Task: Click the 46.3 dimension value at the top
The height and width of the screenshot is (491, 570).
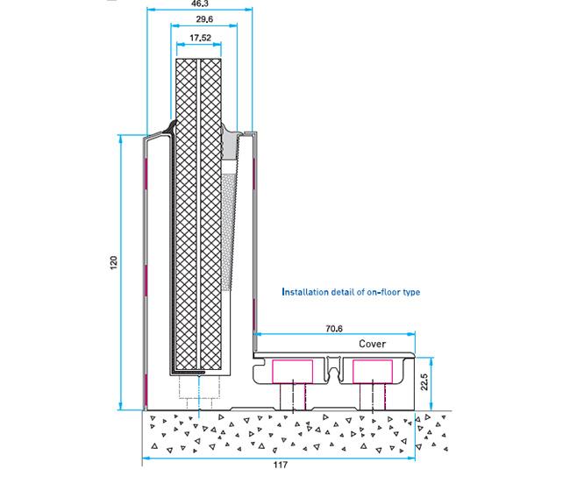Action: coord(200,4)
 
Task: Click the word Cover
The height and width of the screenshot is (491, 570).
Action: coord(372,344)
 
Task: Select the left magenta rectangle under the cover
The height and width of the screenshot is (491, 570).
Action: coord(292,370)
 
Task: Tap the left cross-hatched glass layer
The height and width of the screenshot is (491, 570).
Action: coord(188,210)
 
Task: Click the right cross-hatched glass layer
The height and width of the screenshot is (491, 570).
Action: coord(213,210)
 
